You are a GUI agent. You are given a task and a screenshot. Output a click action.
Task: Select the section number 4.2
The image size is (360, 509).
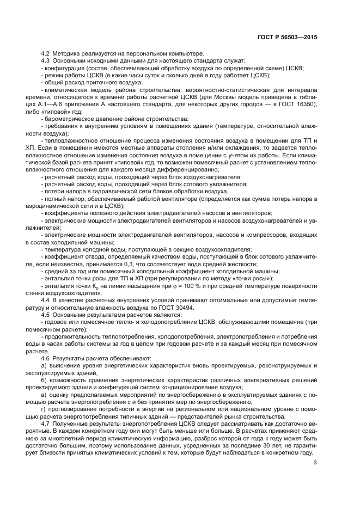point(45,53)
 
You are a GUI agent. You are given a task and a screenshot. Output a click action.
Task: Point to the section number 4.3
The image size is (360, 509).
point(45,60)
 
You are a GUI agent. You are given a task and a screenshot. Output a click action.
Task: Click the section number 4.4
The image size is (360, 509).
point(45,299)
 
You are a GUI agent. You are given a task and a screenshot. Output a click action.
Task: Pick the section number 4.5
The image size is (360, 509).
point(45,314)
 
